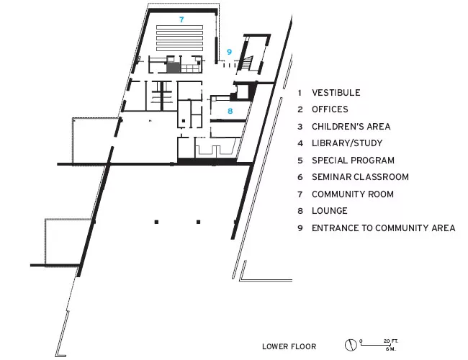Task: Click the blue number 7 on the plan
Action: pos(181,19)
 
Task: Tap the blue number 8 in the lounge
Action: pos(230,111)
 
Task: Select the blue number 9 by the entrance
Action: pos(229,52)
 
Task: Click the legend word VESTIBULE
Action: pos(336,93)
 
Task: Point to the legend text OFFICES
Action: pos(330,109)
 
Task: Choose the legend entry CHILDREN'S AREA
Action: pos(351,127)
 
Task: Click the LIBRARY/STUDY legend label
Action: pos(347,143)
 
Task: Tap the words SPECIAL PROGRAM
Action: pos(353,161)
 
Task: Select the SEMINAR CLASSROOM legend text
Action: pos(360,177)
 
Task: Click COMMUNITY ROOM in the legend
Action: pos(353,194)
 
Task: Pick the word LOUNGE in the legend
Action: pos(330,211)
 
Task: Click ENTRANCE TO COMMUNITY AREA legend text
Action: pos(384,228)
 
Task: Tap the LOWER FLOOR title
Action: pos(289,346)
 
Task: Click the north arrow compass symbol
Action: pos(351,345)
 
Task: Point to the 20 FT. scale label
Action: pos(391,341)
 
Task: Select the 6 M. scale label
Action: pos(391,348)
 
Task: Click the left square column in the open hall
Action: pos(156,222)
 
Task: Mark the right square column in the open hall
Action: pos(198,222)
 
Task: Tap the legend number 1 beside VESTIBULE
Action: pos(300,93)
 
